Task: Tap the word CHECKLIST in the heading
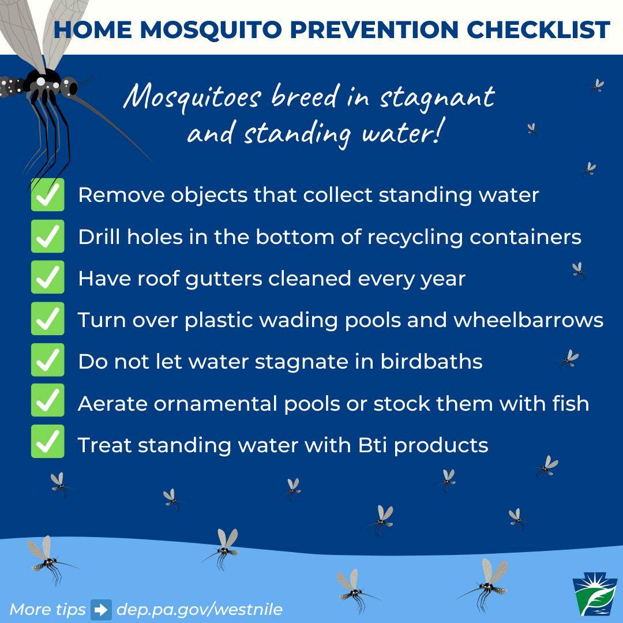(x=538, y=30)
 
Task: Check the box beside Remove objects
(x=48, y=195)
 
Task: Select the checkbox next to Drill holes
(x=48, y=236)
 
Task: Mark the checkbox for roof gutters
(x=48, y=277)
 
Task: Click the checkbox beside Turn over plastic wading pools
(x=48, y=318)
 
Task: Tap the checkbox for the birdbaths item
(x=48, y=360)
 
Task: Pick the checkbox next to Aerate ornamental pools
(x=48, y=400)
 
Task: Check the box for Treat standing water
(x=48, y=441)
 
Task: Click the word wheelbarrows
(x=528, y=320)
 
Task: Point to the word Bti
(x=373, y=445)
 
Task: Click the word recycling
(x=415, y=238)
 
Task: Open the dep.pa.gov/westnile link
(x=200, y=610)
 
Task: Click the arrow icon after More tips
(x=102, y=610)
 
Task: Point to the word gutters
(x=224, y=279)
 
